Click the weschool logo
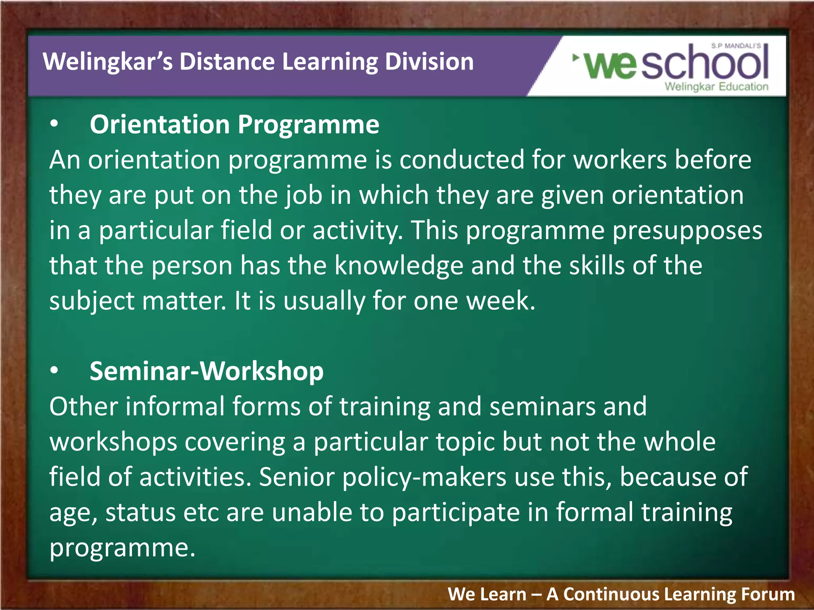(x=672, y=64)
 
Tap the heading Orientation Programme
(x=235, y=125)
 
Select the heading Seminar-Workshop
(x=207, y=371)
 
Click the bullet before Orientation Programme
(x=54, y=125)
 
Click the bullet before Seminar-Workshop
(x=54, y=371)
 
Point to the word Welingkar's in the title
(x=107, y=62)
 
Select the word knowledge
(x=399, y=265)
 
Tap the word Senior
(x=297, y=477)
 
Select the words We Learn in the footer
(x=487, y=595)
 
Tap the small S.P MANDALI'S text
(x=736, y=46)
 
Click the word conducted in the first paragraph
(x=461, y=160)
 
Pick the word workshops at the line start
(x=113, y=442)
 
